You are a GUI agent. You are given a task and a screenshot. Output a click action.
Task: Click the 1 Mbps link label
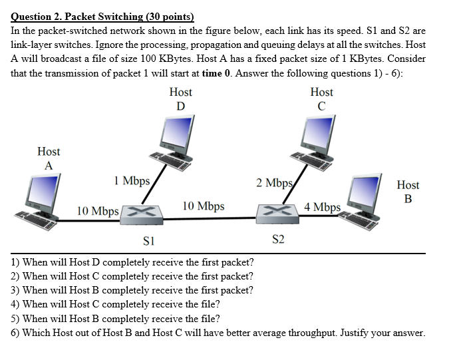point(132,180)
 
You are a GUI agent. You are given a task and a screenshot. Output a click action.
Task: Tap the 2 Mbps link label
point(273,182)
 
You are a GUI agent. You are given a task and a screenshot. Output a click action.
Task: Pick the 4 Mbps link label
point(322,207)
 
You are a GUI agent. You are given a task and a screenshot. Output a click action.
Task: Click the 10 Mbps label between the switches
point(203,206)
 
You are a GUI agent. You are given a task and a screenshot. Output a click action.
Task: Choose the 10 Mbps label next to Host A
point(98,211)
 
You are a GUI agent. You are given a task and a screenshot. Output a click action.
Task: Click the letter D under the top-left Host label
point(180,106)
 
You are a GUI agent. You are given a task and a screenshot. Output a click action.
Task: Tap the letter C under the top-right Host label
point(322,106)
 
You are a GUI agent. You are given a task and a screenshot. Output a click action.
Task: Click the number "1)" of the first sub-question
point(15,262)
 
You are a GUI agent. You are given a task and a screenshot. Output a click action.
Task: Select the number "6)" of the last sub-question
point(15,333)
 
